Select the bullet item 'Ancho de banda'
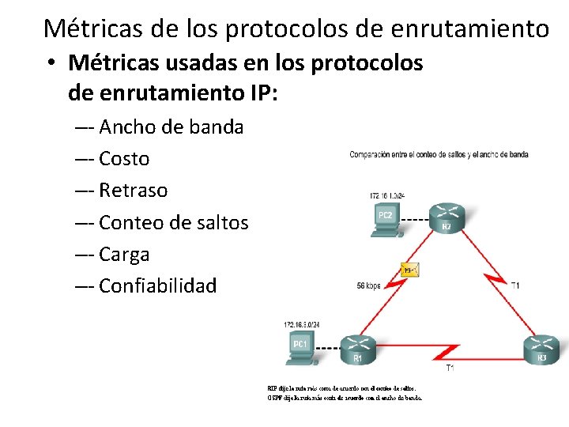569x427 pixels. click(x=171, y=127)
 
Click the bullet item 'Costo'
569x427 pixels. click(x=124, y=158)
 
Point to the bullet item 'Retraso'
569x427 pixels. click(x=134, y=191)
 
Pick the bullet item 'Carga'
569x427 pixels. click(x=124, y=255)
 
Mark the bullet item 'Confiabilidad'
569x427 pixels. click(x=158, y=286)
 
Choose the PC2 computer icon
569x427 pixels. click(x=385, y=219)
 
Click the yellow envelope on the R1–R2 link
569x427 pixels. click(x=409, y=270)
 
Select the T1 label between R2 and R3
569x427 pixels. click(x=515, y=285)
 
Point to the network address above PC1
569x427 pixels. click(x=302, y=325)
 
